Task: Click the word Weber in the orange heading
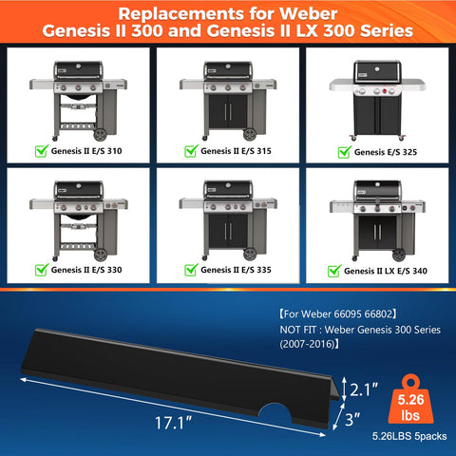click(x=308, y=14)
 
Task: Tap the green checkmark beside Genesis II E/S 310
click(x=42, y=151)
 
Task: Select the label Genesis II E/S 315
click(x=236, y=151)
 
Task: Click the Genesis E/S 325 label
click(x=386, y=152)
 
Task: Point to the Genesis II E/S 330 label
click(x=86, y=270)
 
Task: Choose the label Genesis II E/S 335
click(x=236, y=270)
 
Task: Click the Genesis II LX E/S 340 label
click(x=386, y=271)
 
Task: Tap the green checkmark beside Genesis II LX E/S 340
click(x=334, y=271)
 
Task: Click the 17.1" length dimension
click(x=173, y=423)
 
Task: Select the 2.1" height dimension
click(x=364, y=389)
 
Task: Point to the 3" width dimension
click(x=352, y=420)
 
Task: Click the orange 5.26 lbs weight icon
click(x=410, y=399)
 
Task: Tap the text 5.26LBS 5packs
click(x=409, y=436)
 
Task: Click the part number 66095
click(x=348, y=314)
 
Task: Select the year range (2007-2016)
click(x=307, y=344)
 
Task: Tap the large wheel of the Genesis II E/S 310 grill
click(x=101, y=135)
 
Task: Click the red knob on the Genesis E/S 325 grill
click(x=385, y=91)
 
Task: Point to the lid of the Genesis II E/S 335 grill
click(x=228, y=189)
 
